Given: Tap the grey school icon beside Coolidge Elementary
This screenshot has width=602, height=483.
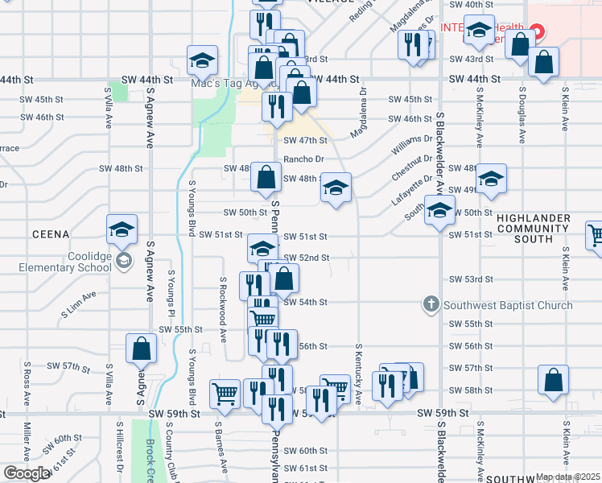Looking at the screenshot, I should (124, 260).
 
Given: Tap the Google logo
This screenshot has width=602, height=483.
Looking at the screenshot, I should (27, 473).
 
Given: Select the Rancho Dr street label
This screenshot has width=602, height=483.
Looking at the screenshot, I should (303, 159).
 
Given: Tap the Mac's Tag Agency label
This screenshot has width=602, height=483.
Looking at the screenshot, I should (224, 83).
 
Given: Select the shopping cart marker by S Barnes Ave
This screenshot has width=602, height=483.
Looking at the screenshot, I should (225, 393).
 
